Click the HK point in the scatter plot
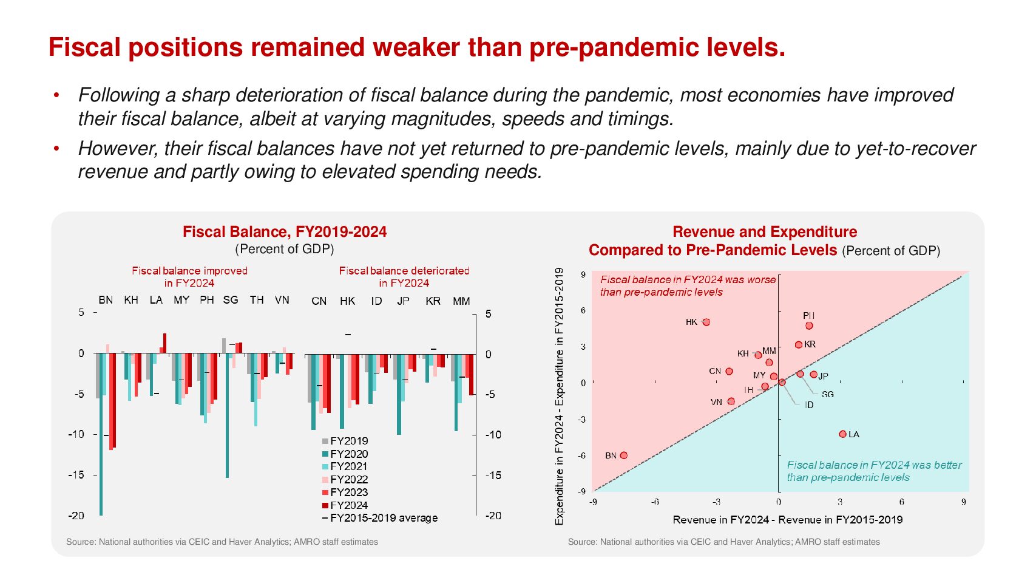(x=706, y=322)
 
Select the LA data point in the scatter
(x=842, y=434)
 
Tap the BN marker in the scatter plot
(x=624, y=455)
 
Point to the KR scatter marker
(x=799, y=345)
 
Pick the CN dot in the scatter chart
(x=729, y=371)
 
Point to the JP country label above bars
(x=403, y=301)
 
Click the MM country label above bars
(x=461, y=301)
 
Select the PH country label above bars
(x=207, y=300)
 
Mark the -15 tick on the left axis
(x=77, y=475)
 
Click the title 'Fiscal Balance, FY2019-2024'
(x=285, y=231)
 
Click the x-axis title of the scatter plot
(x=787, y=520)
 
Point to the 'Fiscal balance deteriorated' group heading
(x=404, y=271)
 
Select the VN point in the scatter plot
(x=731, y=401)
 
